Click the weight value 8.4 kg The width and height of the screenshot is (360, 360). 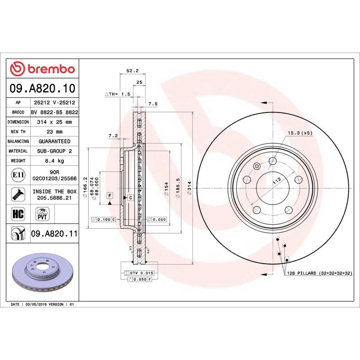coord(54,161)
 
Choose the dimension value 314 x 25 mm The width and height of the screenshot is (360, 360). coord(54,122)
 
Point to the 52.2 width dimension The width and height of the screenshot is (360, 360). coord(131,71)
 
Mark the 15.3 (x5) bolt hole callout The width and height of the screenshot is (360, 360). coord(300,133)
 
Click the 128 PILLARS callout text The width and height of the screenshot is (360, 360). coord(318,273)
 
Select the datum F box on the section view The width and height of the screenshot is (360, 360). coord(109,195)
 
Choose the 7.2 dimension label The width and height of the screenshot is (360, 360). coord(113,135)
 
